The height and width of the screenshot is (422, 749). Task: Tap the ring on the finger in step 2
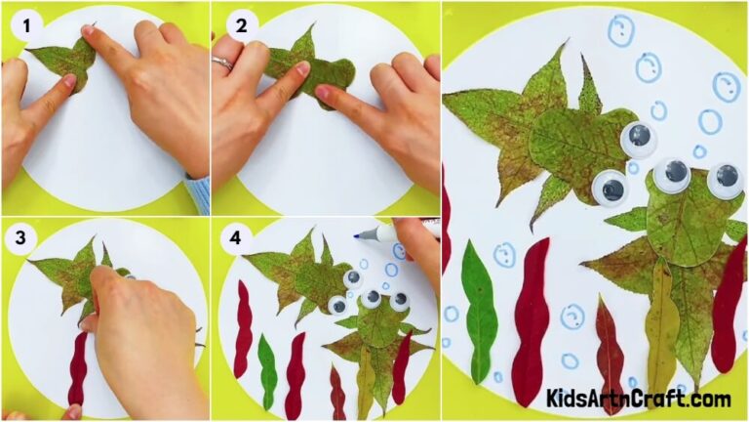click(x=223, y=63)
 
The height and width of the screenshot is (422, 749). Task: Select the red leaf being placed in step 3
click(x=78, y=371)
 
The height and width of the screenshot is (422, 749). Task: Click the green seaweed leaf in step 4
click(x=267, y=371)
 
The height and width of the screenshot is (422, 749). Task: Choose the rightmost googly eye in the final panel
click(x=726, y=179)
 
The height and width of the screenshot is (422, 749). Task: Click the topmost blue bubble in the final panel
click(x=620, y=31)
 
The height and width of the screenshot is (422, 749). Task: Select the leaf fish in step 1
click(x=63, y=61)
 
